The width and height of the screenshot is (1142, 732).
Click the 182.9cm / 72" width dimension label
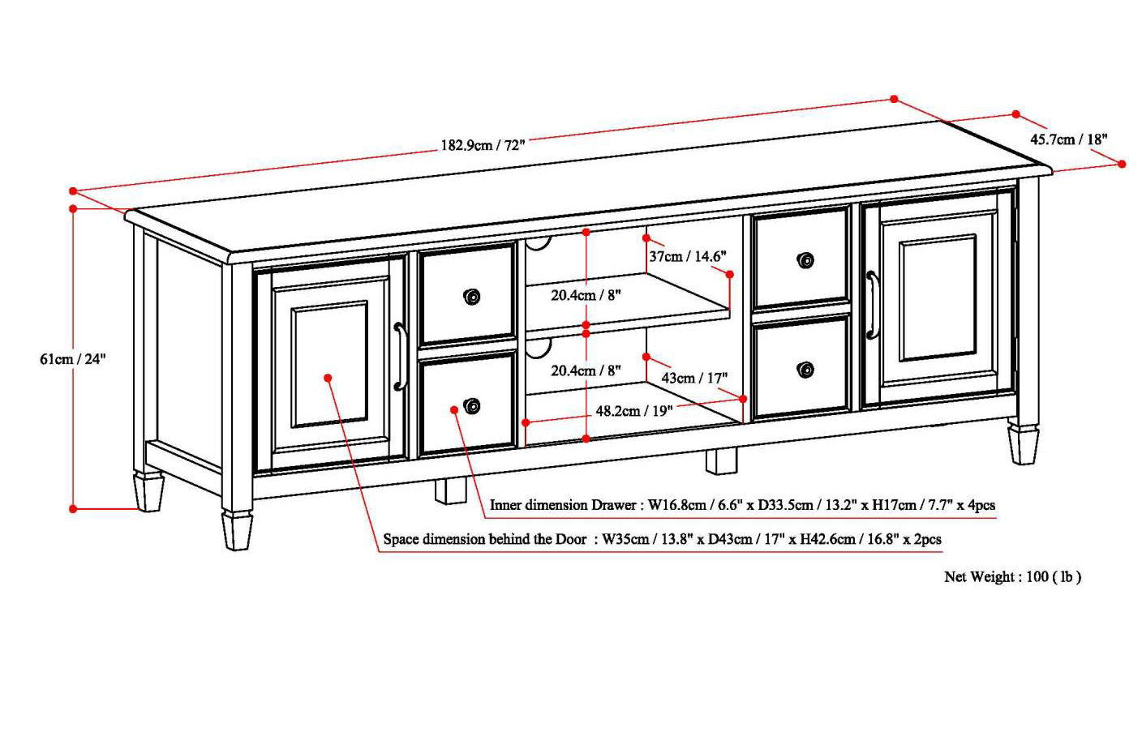pos(483,145)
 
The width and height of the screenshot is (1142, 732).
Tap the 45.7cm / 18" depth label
pos(1068,139)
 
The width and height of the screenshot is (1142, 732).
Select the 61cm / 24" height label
pos(73,359)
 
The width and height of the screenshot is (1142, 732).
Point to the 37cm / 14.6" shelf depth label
pos(687,256)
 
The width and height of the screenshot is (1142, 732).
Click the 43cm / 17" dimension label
pos(694,378)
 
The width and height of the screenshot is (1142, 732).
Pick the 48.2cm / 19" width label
pos(633,411)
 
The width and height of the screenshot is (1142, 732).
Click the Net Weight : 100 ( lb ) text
pos(1012,576)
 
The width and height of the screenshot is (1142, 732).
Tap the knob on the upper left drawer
pos(471,297)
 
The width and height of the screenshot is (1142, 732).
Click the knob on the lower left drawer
pos(471,406)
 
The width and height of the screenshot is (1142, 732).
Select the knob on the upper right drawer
pos(805,260)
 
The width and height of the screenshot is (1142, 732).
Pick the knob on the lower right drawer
pos(805,370)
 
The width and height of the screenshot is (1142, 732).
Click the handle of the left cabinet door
pos(399,357)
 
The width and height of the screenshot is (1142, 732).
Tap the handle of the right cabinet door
pos(873,305)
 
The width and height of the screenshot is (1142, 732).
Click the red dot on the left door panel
pos(328,378)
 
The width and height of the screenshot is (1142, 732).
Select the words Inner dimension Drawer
pos(563,505)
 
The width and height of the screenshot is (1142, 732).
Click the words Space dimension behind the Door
pos(484,539)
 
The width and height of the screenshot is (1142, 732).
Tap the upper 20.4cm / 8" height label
pos(586,295)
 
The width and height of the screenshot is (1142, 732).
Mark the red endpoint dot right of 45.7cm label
pos(1122,164)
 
